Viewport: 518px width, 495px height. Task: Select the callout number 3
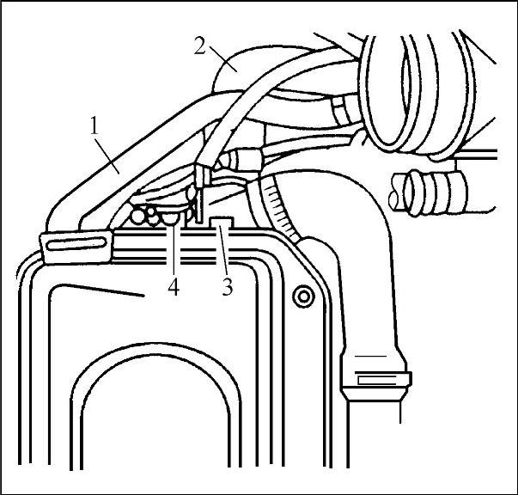pyautogui.click(x=227, y=287)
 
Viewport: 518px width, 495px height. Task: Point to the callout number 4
pyautogui.click(x=174, y=288)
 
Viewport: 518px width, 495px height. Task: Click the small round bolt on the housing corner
pyautogui.click(x=302, y=296)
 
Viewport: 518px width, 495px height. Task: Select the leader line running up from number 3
pyautogui.click(x=224, y=254)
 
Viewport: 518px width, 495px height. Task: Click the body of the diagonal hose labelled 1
pyautogui.click(x=129, y=162)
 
